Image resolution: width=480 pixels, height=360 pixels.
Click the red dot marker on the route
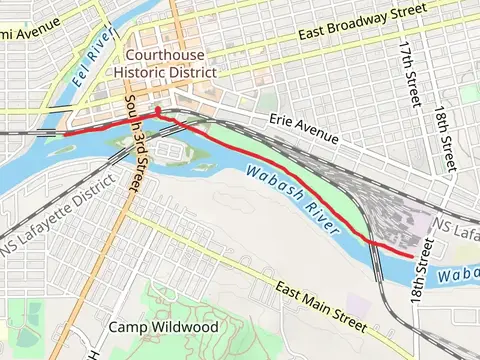pyautogui.click(x=158, y=109)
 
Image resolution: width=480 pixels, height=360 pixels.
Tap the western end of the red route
pyautogui.click(x=65, y=132)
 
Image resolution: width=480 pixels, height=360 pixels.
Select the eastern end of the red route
pyautogui.click(x=412, y=256)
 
